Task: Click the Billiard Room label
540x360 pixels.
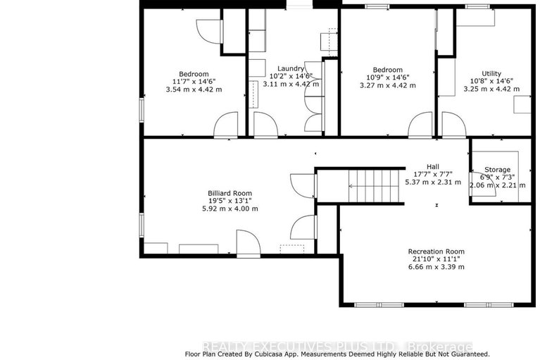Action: coord(230,193)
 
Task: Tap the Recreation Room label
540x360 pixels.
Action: coord(436,252)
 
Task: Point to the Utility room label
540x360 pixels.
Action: coord(491,73)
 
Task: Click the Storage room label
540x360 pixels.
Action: coord(497,170)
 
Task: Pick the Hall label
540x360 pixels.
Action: coord(433,166)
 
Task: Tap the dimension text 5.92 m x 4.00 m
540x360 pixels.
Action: coord(230,209)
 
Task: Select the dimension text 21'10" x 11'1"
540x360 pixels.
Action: coord(436,259)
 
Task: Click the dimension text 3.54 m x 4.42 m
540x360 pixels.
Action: coord(194,89)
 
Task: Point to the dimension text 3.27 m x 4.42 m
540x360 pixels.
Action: coord(387,85)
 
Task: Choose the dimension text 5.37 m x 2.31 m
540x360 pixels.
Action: coord(433,182)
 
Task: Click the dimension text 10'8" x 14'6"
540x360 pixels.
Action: coord(491,81)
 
